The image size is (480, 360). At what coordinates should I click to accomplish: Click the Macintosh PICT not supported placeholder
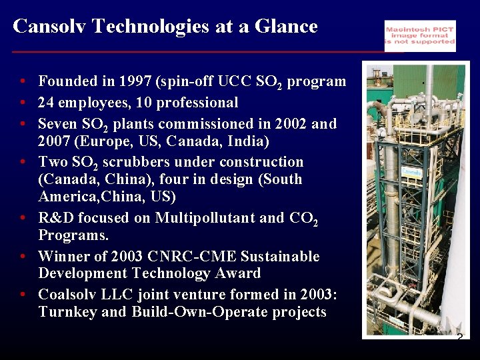[x=420, y=35]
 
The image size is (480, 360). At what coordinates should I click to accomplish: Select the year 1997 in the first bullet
[x=136, y=81]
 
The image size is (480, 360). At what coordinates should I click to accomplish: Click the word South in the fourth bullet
[x=283, y=179]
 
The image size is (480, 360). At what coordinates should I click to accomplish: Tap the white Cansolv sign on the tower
[x=411, y=171]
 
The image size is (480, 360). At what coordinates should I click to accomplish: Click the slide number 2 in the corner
[x=459, y=338]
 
